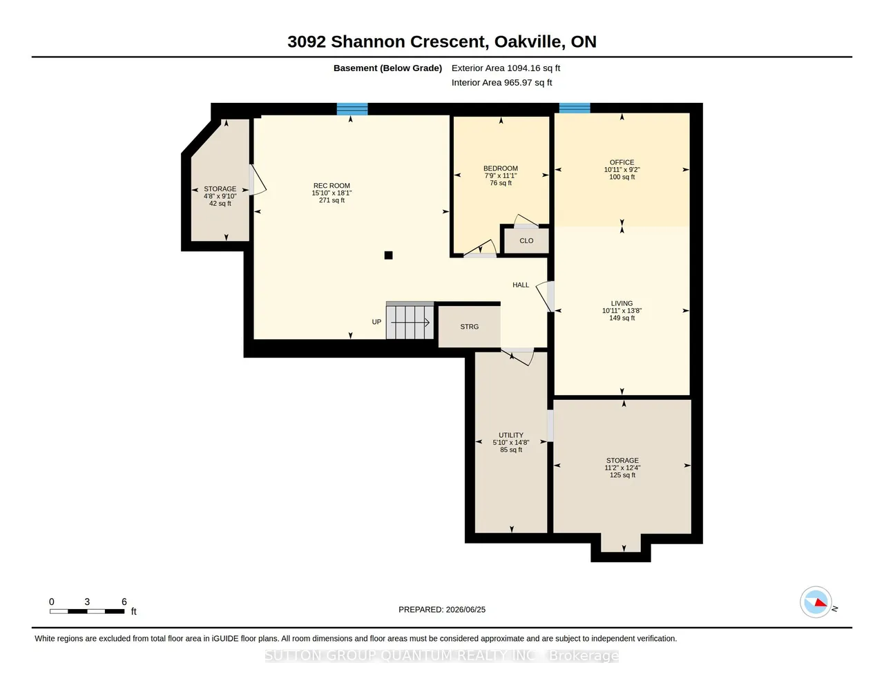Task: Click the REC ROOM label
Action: tap(331, 186)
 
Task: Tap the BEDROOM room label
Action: tap(501, 169)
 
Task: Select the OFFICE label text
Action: tap(622, 162)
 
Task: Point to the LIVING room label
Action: tap(622, 303)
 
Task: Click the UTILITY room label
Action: tap(511, 435)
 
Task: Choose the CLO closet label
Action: tap(526, 241)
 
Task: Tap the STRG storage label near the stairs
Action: tap(470, 327)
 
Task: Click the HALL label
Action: tap(521, 285)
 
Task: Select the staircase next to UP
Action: tap(410, 320)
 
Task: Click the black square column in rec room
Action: tap(389, 256)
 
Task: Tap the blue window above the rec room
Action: tap(352, 109)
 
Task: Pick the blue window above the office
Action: tap(575, 108)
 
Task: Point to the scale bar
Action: tap(87, 611)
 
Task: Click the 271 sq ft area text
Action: tap(331, 200)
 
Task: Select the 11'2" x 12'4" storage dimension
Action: tap(622, 468)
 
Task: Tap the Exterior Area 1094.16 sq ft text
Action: tap(506, 68)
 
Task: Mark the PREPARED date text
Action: tap(442, 609)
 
